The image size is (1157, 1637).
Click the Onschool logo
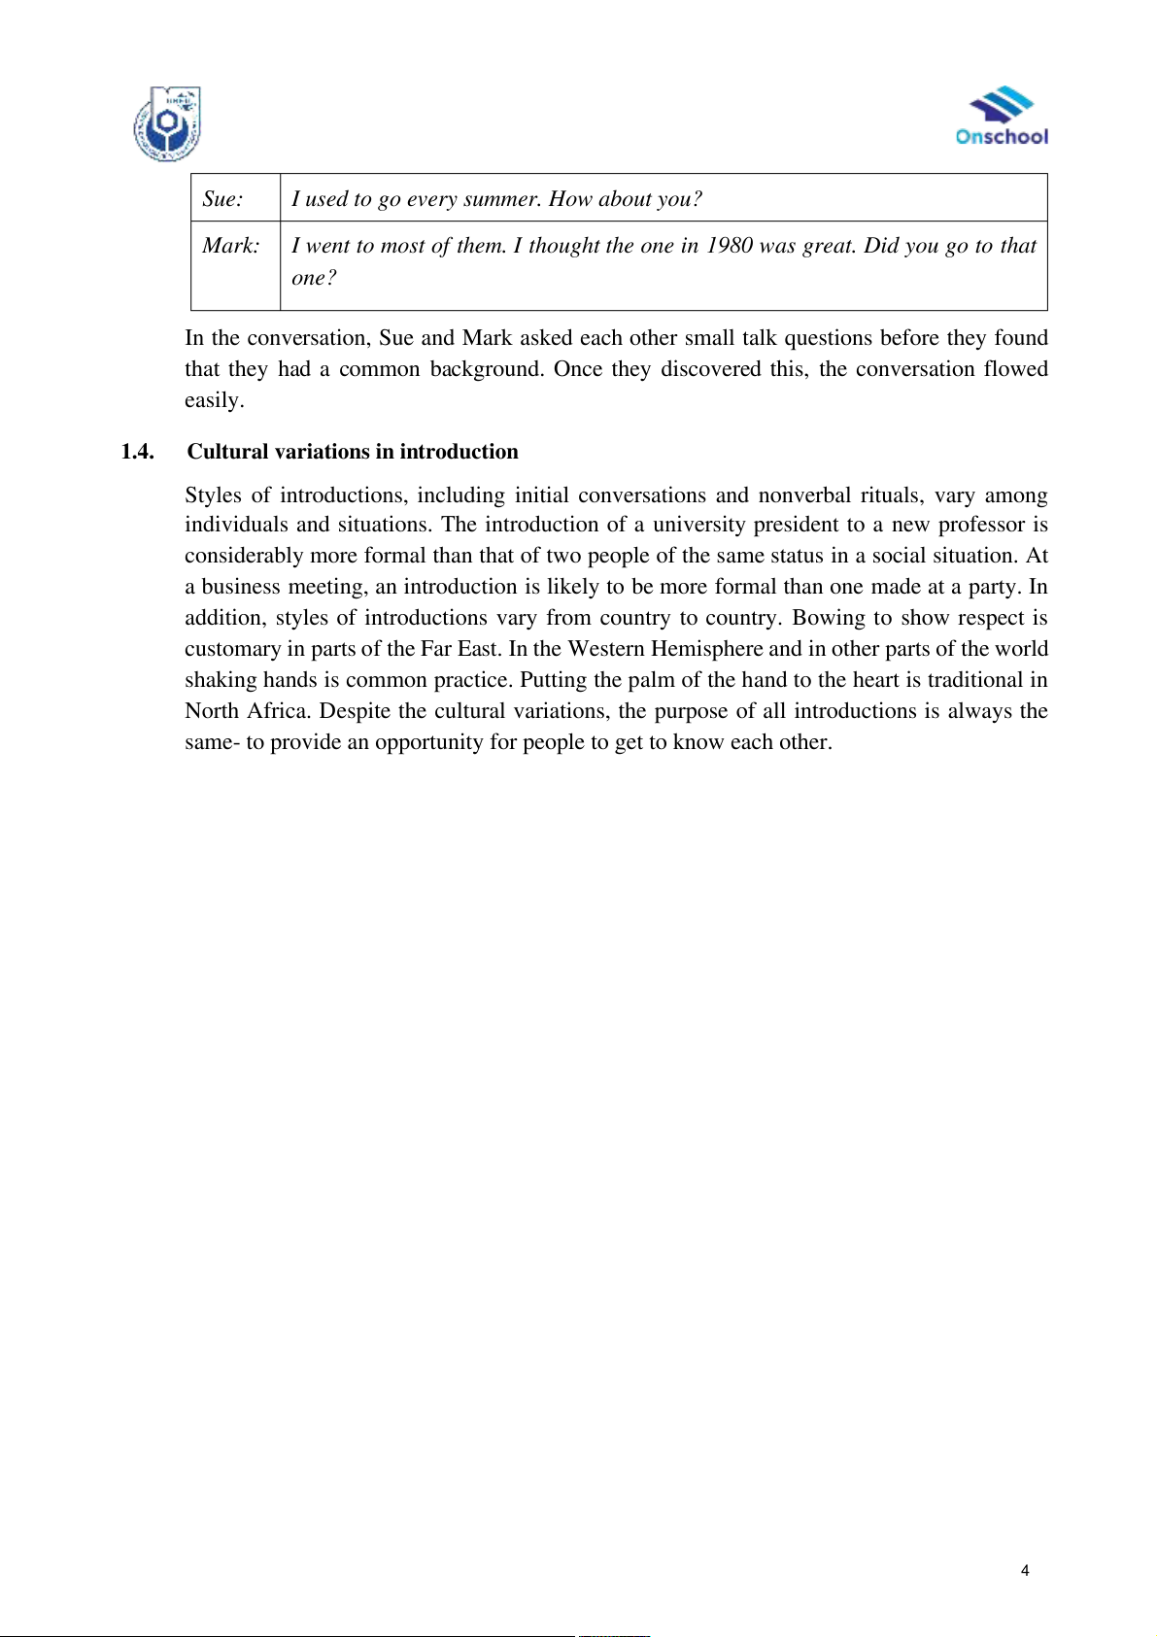pos(1002,117)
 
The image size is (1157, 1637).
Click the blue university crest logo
pos(167,124)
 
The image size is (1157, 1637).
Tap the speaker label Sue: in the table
pos(222,199)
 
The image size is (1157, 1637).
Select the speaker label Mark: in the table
pos(230,246)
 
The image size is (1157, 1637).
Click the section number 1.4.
pos(137,452)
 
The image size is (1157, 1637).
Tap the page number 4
pos(1025,1570)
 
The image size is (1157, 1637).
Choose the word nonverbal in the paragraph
pos(804,495)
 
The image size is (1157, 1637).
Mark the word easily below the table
pos(214,400)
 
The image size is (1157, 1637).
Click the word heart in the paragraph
pos(875,680)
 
